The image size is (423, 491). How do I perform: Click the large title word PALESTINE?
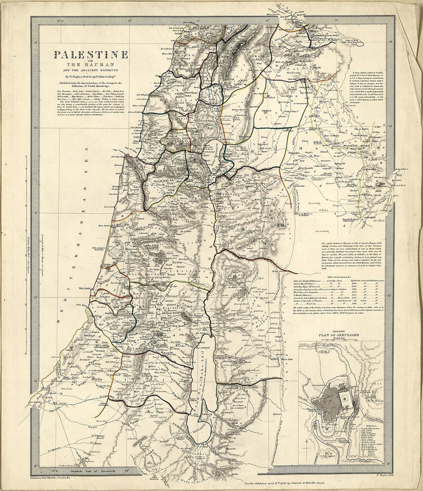[91, 55]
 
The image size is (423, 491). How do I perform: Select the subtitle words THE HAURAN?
[91, 65]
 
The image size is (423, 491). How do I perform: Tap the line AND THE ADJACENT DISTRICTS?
[91, 70]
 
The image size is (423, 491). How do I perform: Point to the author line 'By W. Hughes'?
[91, 77]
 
